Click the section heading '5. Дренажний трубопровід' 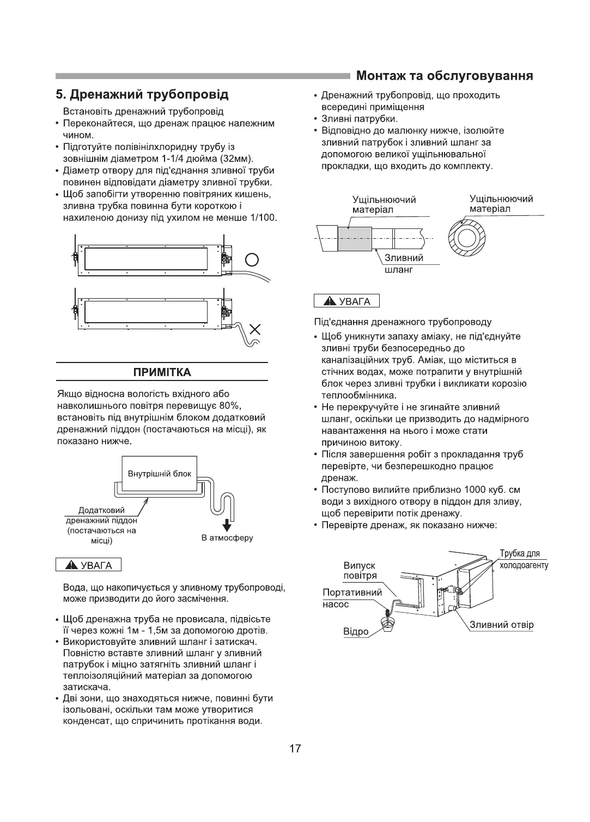point(143,95)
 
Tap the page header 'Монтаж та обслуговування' point(444,75)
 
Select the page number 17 point(295,748)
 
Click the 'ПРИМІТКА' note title point(162,372)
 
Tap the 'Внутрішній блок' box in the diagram point(160,473)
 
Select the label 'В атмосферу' point(227,538)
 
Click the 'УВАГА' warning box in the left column point(89,565)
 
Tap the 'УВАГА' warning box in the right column point(347,301)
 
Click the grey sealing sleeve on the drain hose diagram point(355,238)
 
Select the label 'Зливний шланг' point(404,263)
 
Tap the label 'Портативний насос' point(352,598)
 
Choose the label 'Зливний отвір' point(502,625)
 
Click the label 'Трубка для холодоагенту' point(524,559)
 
